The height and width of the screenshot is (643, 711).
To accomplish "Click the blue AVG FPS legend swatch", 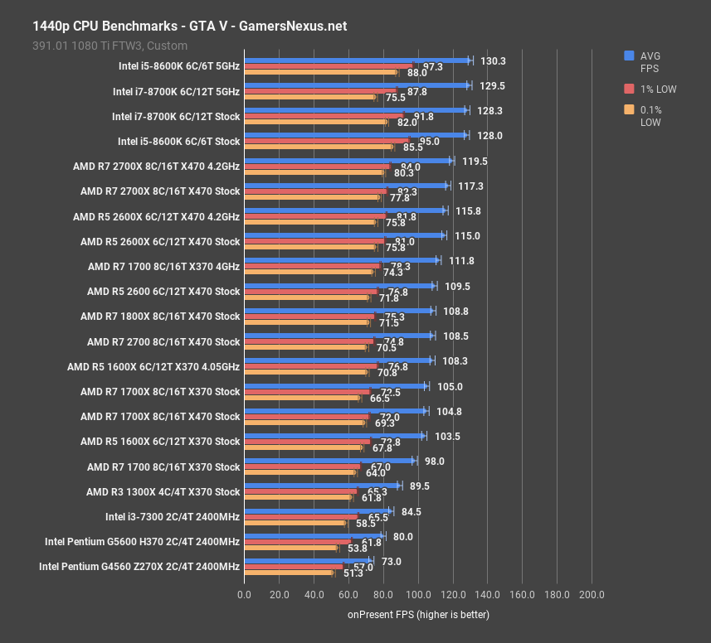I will pos(630,56).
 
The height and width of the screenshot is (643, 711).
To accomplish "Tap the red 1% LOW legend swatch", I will pos(630,88).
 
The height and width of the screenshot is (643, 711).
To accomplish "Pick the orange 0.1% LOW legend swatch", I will pos(630,110).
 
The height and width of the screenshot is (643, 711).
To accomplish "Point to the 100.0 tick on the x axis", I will pos(417,594).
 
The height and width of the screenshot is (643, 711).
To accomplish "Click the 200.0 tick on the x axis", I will pos(592,594).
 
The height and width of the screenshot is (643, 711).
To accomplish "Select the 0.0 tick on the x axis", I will pos(244,594).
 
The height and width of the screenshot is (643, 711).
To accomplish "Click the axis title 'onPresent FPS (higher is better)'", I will pos(418,615).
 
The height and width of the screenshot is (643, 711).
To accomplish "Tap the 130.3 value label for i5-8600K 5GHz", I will pos(493,60).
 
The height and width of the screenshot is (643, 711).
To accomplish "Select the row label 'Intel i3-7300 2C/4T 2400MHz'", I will pos(173,516).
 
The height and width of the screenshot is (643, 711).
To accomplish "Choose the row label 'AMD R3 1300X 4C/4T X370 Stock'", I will pos(163,491).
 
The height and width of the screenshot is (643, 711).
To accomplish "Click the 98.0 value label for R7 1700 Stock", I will pos(435,461).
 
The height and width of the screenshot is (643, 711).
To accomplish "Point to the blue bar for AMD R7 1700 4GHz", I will pos(340,260).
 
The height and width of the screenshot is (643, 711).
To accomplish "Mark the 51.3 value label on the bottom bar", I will pos(353,573).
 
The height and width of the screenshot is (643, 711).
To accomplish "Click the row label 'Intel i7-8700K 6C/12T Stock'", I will pos(175,116).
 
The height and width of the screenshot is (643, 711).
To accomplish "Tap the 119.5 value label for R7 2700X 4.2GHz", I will pos(474,161).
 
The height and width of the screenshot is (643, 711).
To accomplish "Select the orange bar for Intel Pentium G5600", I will pos(290,548).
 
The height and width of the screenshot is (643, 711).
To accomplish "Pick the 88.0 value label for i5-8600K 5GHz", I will pos(417,73).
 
